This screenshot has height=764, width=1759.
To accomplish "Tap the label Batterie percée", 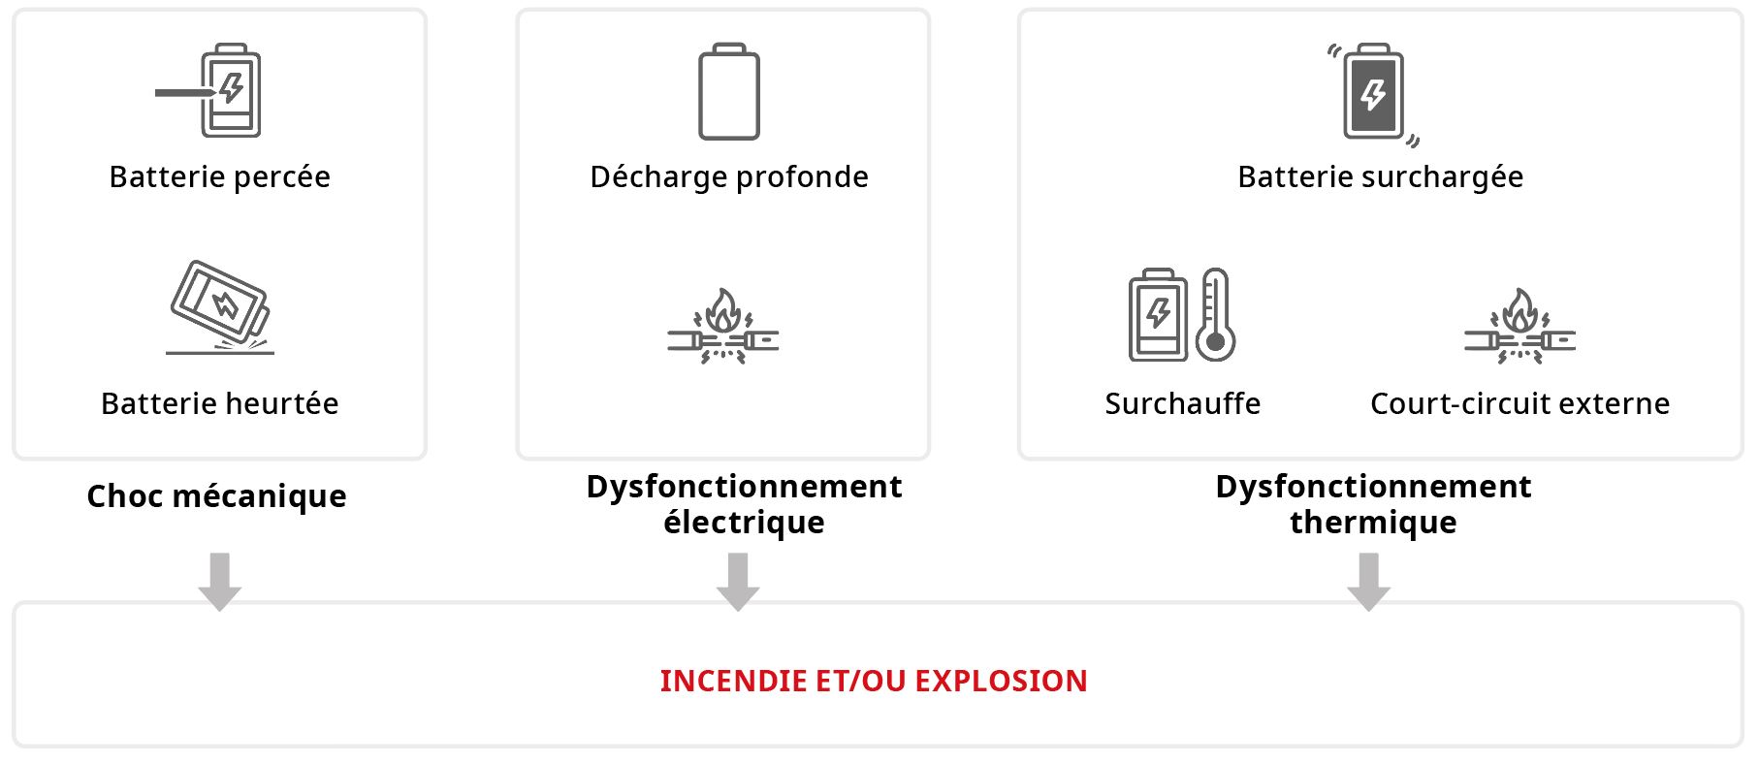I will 220,176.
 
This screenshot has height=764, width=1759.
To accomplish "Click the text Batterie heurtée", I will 220,403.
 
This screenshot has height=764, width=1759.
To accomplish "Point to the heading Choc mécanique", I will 216,496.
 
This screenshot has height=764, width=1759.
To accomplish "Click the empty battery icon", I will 729,92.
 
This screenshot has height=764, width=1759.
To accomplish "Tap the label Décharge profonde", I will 729,176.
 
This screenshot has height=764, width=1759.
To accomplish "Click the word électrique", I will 744,523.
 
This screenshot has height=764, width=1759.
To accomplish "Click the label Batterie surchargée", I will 1380,176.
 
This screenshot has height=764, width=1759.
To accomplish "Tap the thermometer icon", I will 1215,315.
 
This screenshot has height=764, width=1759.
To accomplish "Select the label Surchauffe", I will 1182,403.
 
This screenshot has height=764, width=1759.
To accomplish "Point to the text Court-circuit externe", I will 1519,403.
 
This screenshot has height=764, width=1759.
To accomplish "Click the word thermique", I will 1373,523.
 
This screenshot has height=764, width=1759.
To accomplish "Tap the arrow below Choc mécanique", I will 220,581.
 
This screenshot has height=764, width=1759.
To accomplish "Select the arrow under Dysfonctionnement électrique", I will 738,581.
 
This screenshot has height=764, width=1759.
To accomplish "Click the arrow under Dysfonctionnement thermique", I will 1369,581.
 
